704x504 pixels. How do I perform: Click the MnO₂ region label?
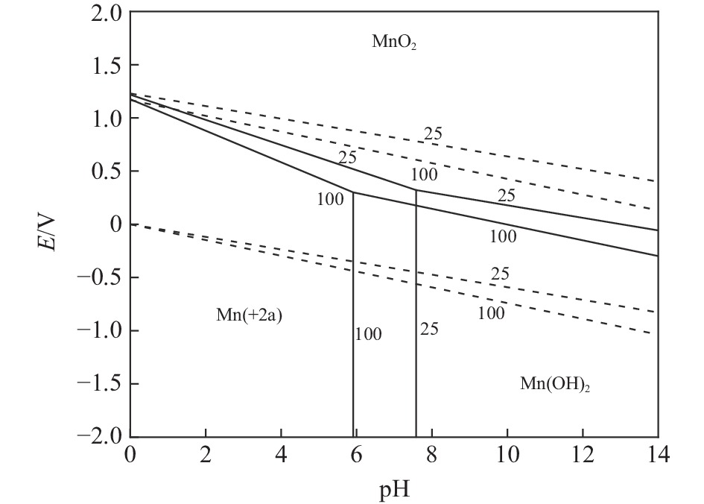coord(394,42)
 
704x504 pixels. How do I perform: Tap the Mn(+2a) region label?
coord(249,315)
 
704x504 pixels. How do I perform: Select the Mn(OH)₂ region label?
coord(555,385)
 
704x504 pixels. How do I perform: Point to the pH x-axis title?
coord(393,490)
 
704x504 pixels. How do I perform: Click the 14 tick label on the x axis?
coord(657,456)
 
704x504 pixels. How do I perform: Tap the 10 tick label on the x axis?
coord(507,456)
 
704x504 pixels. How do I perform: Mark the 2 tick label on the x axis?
coord(205,456)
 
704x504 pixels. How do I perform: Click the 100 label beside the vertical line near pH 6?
coord(368,335)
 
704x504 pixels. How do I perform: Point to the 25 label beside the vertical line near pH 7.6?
coord(429,329)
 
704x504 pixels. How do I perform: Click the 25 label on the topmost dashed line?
coord(433,134)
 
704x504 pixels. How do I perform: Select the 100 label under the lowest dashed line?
coord(491,313)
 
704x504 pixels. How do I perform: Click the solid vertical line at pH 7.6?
coord(416,336)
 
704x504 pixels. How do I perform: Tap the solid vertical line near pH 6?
coord(353,336)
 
